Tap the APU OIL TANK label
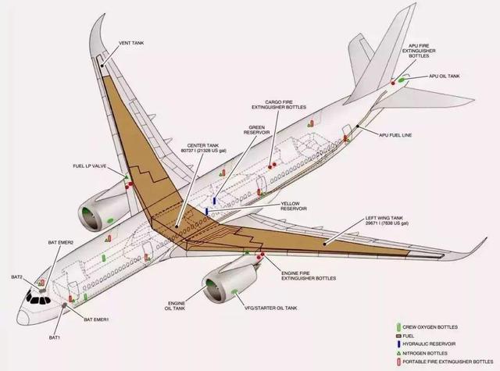pos(444,77)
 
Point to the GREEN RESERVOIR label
pos(257,130)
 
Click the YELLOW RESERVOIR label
pos(294,206)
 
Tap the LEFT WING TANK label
pos(387,221)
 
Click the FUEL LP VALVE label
pos(89,166)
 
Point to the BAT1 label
pos(55,337)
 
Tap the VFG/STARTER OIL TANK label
pos(270,308)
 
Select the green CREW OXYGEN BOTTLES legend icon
pos(400,326)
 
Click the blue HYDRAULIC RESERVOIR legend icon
pos(400,344)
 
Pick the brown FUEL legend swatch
pos(400,335)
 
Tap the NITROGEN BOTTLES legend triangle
pos(400,352)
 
